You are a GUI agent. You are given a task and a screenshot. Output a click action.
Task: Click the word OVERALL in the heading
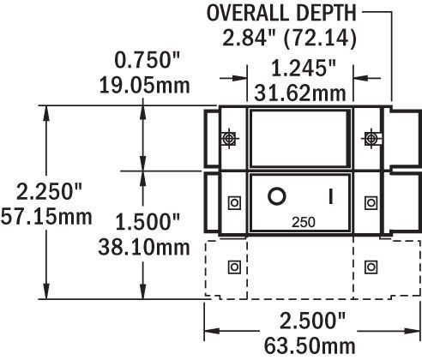(247, 13)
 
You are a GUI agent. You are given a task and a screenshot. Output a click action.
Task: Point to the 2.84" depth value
(249, 38)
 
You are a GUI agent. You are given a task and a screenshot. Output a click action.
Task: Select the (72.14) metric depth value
(320, 39)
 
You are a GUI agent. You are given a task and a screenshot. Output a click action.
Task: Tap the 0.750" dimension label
(148, 60)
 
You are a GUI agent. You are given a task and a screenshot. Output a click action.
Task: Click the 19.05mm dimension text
(144, 86)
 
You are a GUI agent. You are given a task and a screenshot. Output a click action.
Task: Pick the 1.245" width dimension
(303, 69)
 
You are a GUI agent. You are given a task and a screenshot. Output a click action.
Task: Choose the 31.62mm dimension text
(300, 93)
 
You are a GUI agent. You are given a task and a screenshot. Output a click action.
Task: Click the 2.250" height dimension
(49, 191)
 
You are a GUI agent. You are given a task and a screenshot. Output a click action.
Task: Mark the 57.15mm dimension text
(46, 217)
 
